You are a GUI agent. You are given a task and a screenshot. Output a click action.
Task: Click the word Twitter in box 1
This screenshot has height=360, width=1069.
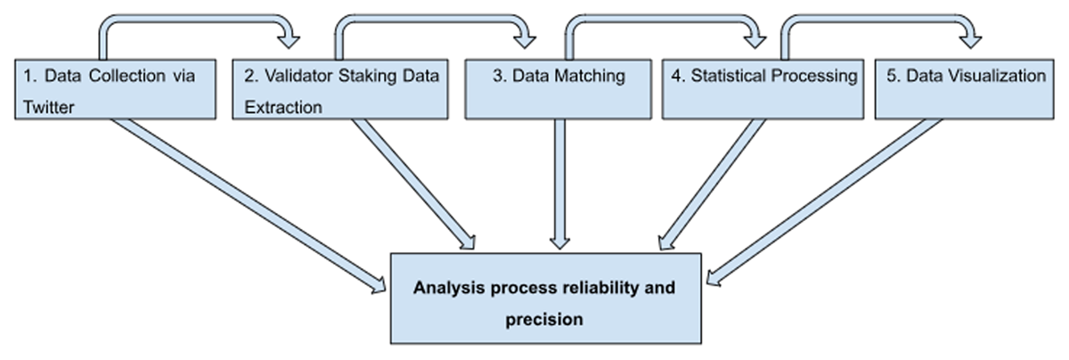point(49,107)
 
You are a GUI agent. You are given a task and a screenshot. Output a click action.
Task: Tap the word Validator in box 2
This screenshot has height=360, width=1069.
point(298,76)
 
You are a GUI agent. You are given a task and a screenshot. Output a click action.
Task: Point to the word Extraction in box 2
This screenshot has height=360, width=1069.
point(283,107)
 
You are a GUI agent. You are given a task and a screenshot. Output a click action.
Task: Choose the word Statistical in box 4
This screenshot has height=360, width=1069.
point(729,76)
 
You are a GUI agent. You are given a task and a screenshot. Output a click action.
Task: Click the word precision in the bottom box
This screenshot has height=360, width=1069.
point(544,319)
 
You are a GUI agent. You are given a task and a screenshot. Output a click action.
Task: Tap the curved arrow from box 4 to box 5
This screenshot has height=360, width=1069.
point(878,18)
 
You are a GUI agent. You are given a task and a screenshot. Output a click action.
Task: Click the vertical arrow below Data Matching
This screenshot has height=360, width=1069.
point(559,184)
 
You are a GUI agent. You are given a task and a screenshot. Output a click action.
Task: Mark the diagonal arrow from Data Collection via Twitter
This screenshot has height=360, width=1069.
point(249,205)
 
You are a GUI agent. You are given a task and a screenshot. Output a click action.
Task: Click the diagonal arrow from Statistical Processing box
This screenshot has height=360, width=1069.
point(712,184)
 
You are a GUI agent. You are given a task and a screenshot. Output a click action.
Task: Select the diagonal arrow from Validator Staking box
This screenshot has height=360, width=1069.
point(413,184)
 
